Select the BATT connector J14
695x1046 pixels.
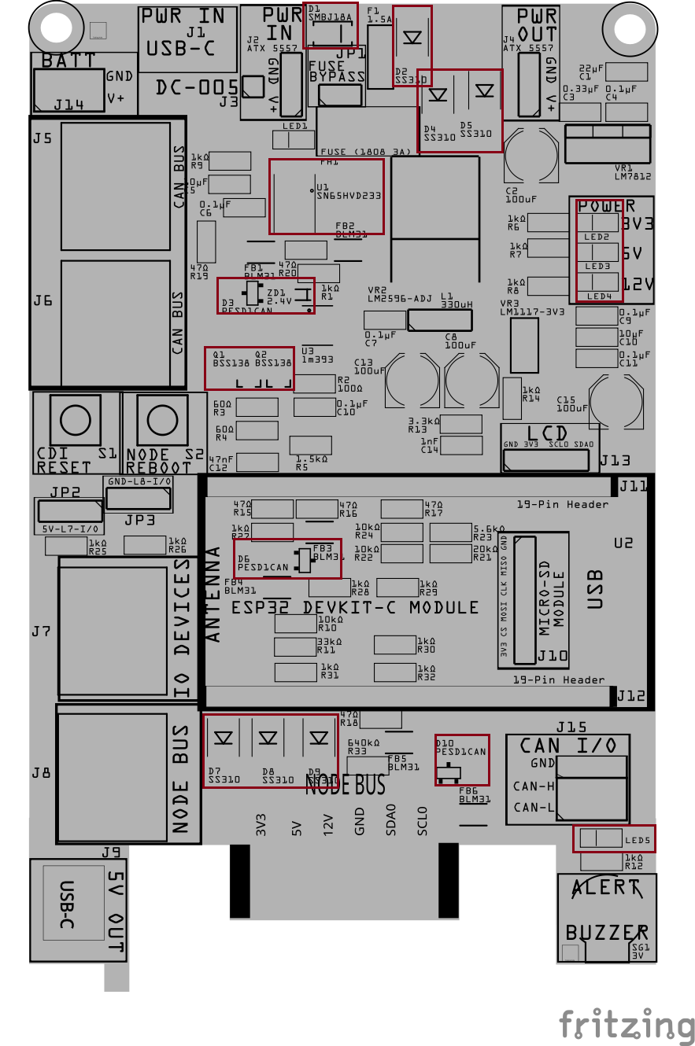(68, 89)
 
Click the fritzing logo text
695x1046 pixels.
(627, 1025)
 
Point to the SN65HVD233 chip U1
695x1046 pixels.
(326, 197)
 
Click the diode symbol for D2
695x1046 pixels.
(412, 38)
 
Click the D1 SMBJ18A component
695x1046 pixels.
(330, 31)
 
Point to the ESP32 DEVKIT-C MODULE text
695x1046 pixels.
(354, 608)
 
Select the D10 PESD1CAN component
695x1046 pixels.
(461, 760)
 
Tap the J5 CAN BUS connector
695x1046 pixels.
(116, 186)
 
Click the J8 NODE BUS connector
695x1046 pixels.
(115, 773)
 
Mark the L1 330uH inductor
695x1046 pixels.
(439, 320)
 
